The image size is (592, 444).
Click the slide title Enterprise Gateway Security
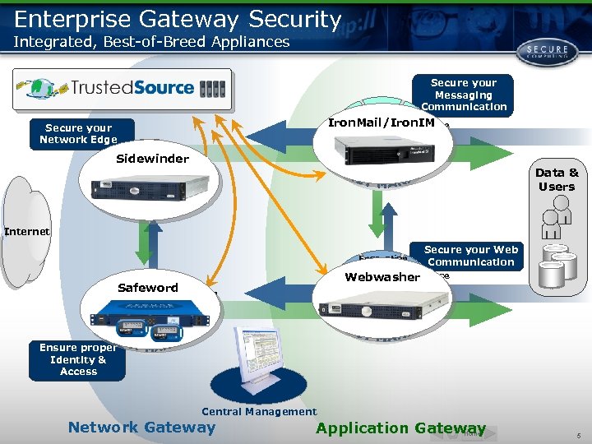click(178, 18)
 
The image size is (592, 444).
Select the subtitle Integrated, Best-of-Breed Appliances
click(152, 42)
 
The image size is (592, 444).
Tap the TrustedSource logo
click(122, 88)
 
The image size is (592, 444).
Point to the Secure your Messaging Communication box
click(464, 95)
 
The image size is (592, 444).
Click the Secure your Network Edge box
click(79, 133)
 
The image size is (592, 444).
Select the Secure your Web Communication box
click(471, 256)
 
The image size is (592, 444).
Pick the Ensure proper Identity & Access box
click(78, 359)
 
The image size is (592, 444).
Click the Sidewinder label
click(152, 159)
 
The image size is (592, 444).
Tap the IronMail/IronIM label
click(381, 123)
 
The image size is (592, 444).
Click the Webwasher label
click(382, 277)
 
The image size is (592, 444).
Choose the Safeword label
click(147, 287)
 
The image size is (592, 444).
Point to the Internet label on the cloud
click(27, 232)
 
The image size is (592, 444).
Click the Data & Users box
click(557, 179)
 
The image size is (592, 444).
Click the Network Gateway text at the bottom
click(141, 427)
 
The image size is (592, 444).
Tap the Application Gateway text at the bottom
click(400, 428)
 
